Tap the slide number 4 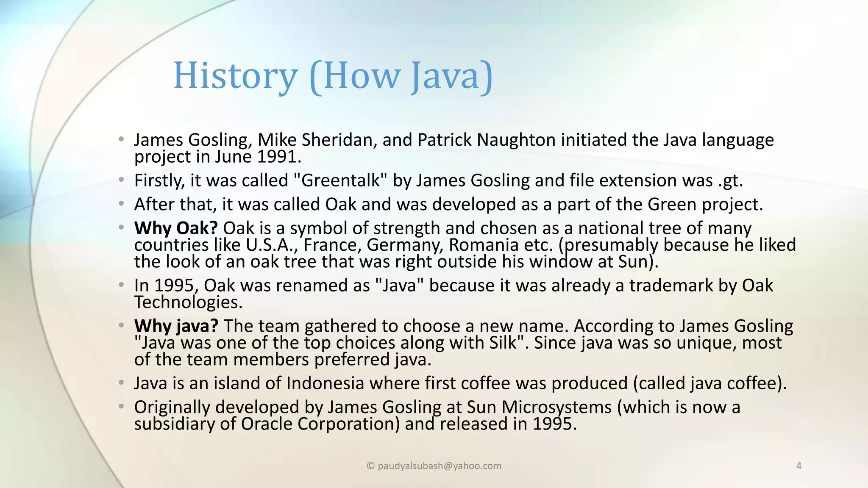pyautogui.click(x=799, y=466)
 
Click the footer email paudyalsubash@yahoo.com pyautogui.click(x=439, y=466)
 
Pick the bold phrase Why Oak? pyautogui.click(x=176, y=228)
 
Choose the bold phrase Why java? pyautogui.click(x=176, y=326)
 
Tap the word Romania pyautogui.click(x=484, y=245)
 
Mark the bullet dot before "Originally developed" pyautogui.click(x=122, y=407)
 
